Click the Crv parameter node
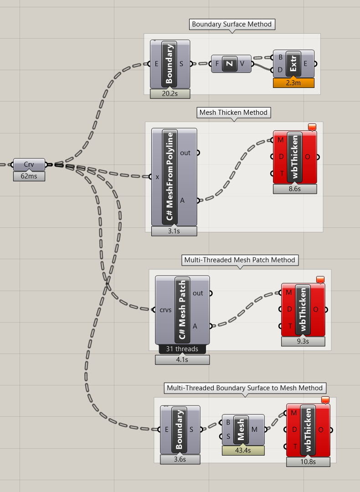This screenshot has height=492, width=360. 29,164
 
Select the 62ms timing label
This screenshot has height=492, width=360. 29,176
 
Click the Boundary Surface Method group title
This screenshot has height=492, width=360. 231,25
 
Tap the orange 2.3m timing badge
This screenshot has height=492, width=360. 294,83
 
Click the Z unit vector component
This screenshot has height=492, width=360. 230,64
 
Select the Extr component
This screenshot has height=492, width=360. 294,64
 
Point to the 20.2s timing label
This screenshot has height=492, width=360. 170,94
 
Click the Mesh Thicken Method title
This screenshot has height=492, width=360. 233,113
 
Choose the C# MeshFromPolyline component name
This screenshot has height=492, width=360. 170,176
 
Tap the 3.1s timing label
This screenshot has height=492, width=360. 174,231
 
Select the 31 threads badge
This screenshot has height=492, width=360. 182,349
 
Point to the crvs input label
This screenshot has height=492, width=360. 166,310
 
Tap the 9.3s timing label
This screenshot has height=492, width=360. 303,341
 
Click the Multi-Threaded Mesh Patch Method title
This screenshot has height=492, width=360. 240,260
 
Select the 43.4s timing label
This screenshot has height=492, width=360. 243,450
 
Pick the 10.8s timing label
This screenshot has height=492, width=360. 308,462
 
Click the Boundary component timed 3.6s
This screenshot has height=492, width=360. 180,429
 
